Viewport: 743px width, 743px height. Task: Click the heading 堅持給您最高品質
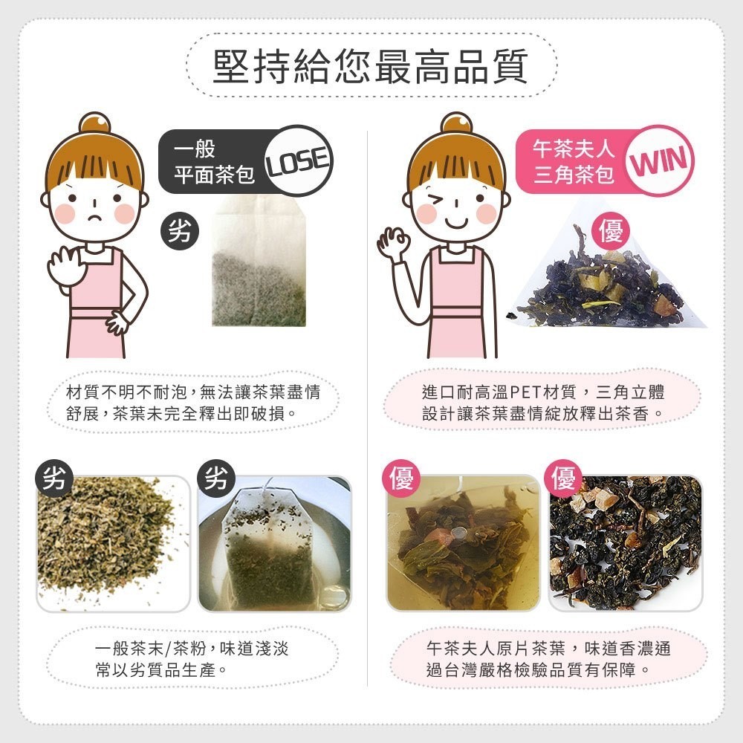pyautogui.click(x=371, y=66)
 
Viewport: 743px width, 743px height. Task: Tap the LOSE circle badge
pyautogui.click(x=297, y=160)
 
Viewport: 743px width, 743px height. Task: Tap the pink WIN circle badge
pyautogui.click(x=658, y=160)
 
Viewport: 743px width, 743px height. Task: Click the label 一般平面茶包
pyautogui.click(x=214, y=162)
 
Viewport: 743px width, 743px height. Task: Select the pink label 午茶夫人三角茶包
pyautogui.click(x=574, y=162)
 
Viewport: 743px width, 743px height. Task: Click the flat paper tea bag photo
pyautogui.click(x=259, y=262)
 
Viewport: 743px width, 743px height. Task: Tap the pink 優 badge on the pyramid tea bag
pyautogui.click(x=611, y=231)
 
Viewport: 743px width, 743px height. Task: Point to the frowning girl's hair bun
pyautogui.click(x=95, y=123)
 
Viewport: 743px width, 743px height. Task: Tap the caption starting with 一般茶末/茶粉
pyautogui.click(x=192, y=658)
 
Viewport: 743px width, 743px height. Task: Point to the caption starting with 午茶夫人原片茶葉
pyautogui.click(x=548, y=658)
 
